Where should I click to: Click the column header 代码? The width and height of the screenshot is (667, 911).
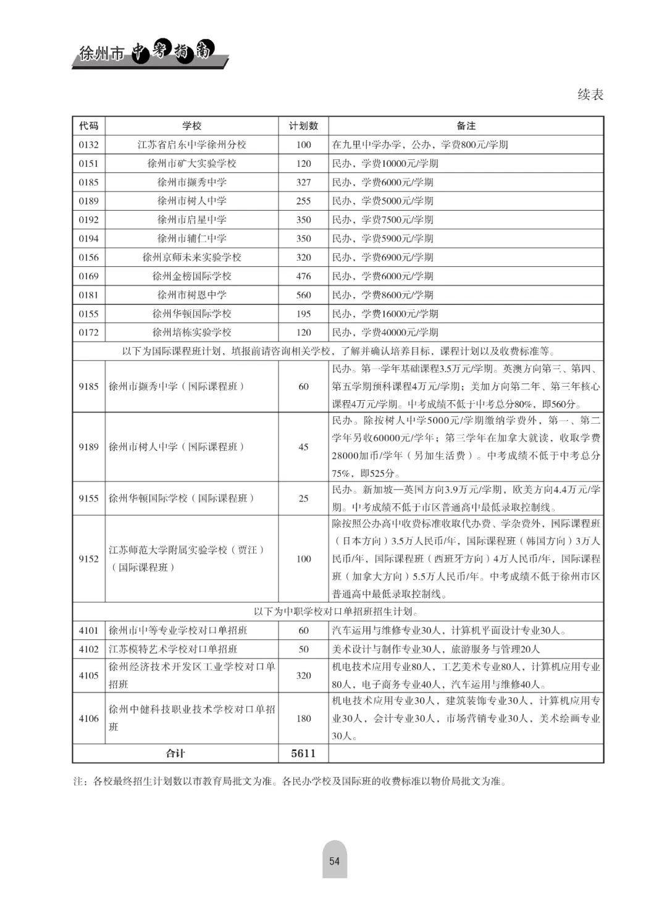[x=88, y=126]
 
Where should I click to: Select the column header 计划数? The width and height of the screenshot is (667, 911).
[x=303, y=126]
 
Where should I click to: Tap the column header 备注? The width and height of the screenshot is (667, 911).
[x=466, y=126]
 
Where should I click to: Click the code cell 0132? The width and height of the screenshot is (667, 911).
[x=88, y=145]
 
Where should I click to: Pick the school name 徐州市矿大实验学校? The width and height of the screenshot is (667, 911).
[x=191, y=164]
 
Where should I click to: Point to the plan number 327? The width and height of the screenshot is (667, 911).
[x=303, y=182]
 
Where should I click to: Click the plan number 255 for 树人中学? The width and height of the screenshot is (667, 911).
[x=303, y=201]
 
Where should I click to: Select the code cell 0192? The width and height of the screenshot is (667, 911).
[x=88, y=220]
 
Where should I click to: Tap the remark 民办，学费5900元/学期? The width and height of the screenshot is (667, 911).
[x=383, y=238]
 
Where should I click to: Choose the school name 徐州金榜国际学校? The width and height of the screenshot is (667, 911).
[x=191, y=276]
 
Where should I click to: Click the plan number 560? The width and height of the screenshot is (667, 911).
[x=303, y=295]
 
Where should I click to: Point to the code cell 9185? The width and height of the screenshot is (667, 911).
[x=88, y=387]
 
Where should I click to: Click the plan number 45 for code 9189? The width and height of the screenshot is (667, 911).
[x=303, y=447]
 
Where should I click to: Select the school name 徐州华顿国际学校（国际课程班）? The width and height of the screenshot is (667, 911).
[x=182, y=498]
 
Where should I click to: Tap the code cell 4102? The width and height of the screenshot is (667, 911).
[x=88, y=649]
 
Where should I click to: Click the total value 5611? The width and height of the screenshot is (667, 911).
[x=303, y=754]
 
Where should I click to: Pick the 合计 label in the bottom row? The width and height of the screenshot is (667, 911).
[x=175, y=754]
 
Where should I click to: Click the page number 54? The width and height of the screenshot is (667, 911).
[x=334, y=862]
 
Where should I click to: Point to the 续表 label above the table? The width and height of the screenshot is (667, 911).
[x=590, y=94]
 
